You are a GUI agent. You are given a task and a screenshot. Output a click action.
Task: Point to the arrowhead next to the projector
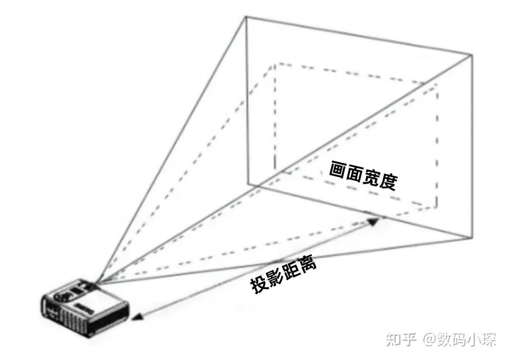137,317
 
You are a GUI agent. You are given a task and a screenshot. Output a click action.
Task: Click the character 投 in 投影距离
259,286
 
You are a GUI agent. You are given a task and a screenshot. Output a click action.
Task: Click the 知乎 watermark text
401,339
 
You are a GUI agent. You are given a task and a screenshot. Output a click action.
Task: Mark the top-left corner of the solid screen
246,17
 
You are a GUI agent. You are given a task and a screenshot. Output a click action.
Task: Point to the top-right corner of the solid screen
472,55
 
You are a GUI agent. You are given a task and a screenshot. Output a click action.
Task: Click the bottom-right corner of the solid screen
472,238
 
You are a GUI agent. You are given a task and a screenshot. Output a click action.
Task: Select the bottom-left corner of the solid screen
248,184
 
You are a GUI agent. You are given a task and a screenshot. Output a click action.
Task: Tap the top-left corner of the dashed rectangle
275,64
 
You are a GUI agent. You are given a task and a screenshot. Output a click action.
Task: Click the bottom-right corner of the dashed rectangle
437,207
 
